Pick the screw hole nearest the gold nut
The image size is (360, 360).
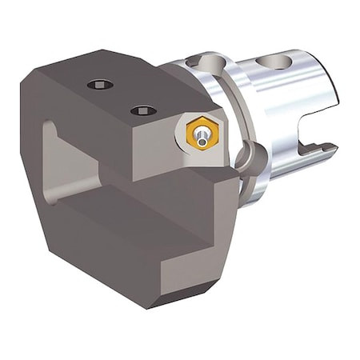coord(143,110)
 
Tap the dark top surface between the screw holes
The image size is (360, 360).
coord(120,96)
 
